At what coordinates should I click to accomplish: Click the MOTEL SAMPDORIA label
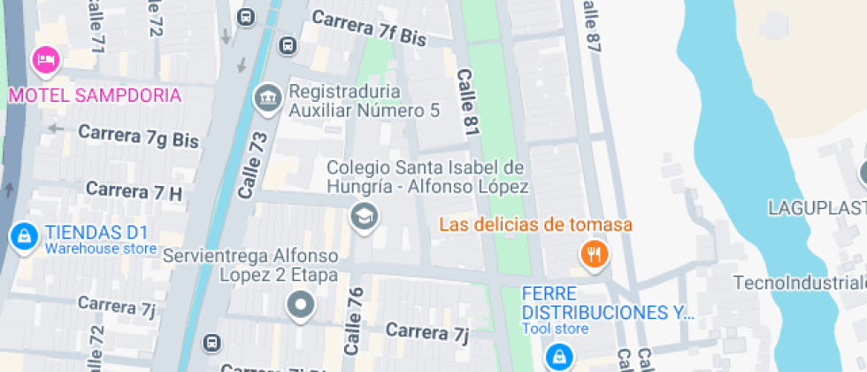click(96, 95)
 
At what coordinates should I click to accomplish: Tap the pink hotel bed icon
click(45, 60)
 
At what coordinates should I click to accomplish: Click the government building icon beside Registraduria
click(266, 98)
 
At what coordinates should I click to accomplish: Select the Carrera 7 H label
click(134, 190)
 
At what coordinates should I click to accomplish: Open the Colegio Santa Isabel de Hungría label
click(427, 177)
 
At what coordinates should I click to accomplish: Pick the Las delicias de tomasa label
click(536, 225)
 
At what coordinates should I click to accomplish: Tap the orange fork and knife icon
click(594, 255)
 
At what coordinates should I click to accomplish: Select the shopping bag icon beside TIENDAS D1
click(22, 236)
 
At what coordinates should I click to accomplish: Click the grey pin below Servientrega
click(302, 306)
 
